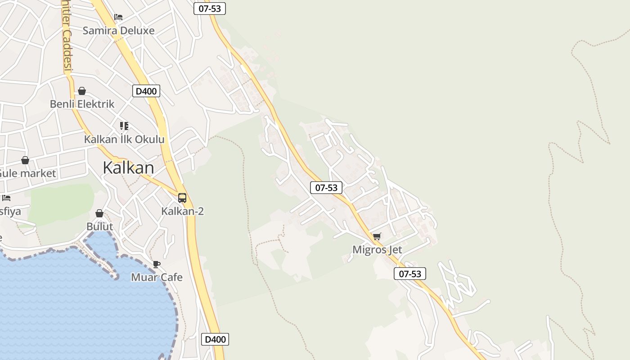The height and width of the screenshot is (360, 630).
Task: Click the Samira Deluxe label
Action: pyautogui.click(x=118, y=31)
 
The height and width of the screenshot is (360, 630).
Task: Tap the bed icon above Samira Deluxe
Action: pyautogui.click(x=118, y=17)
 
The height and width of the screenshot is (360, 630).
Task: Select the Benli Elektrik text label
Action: pyautogui.click(x=82, y=104)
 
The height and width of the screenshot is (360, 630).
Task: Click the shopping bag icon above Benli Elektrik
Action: pyautogui.click(x=82, y=91)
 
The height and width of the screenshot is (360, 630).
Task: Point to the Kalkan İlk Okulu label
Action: pyautogui.click(x=124, y=139)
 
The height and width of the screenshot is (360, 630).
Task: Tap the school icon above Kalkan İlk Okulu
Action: pyautogui.click(x=124, y=126)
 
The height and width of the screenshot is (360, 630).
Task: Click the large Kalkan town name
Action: pyautogui.click(x=128, y=168)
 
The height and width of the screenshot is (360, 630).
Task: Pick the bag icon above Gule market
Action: pyautogui.click(x=25, y=160)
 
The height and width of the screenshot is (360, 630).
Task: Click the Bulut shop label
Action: pyautogui.click(x=99, y=226)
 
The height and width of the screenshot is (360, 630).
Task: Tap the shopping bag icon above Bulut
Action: pyautogui.click(x=99, y=213)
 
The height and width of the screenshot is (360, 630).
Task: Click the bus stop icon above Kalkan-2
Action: pyautogui.click(x=182, y=198)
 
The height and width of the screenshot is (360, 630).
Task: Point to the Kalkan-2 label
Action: pyautogui.click(x=182, y=211)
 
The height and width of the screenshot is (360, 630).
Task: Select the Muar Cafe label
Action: pyautogui.click(x=157, y=277)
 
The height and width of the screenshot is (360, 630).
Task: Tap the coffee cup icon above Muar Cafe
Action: pyautogui.click(x=157, y=264)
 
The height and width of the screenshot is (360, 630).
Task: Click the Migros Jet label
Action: pyautogui.click(x=377, y=250)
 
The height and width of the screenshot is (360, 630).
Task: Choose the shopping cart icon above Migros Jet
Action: pyautogui.click(x=377, y=236)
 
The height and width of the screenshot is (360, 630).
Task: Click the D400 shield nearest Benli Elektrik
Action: pyautogui.click(x=146, y=91)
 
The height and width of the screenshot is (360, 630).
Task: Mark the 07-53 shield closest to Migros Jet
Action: pyautogui.click(x=410, y=274)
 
